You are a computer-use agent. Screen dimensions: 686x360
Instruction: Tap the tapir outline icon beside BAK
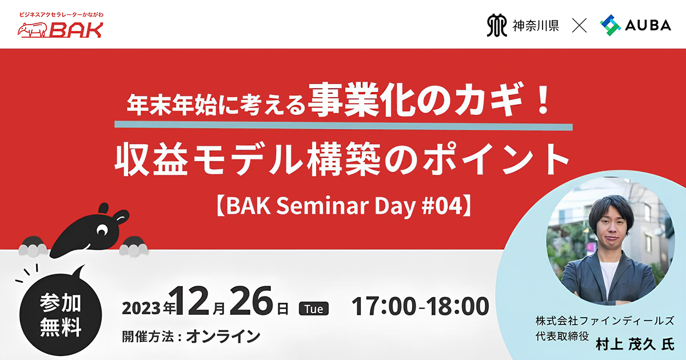coord(33,30)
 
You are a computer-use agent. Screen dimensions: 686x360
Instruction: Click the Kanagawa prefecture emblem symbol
coord(496,25)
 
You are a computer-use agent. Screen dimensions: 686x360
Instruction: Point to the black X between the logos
coord(580,25)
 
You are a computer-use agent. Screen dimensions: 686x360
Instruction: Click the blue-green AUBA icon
coord(610,25)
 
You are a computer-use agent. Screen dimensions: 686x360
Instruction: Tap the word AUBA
coord(648,25)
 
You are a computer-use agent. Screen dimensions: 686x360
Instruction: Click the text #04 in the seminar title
coord(441,206)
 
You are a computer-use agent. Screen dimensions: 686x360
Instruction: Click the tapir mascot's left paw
coord(33,246)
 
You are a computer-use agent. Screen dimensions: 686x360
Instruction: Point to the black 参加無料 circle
coord(61,315)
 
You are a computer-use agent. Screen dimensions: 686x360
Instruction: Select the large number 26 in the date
coord(251,302)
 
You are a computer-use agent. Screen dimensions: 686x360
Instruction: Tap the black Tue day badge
coord(314,308)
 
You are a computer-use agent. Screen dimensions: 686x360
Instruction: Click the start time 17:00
coord(384,306)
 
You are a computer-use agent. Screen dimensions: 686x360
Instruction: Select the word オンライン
coord(223,337)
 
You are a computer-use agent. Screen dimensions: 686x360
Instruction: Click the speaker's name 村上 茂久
coord(625,345)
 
